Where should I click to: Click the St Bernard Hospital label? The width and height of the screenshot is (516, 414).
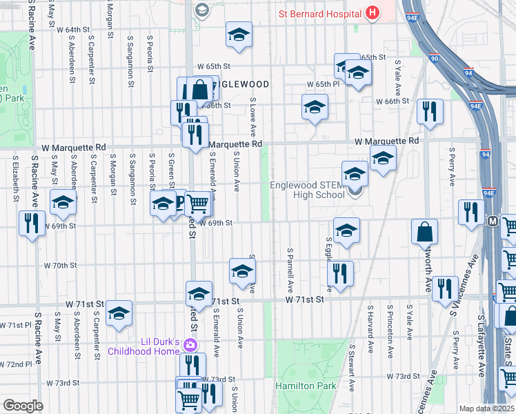click(320, 13)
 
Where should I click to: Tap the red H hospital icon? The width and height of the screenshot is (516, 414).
click(373, 12)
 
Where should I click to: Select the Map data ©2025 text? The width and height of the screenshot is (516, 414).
click(486, 408)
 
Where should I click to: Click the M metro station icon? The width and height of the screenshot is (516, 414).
click(493, 221)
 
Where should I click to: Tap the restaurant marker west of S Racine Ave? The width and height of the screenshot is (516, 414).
click(30, 222)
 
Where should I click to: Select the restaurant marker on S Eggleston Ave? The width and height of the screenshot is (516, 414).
click(340, 273)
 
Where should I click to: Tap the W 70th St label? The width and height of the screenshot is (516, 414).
click(60, 265)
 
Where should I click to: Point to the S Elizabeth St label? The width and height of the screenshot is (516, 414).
click(14, 179)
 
